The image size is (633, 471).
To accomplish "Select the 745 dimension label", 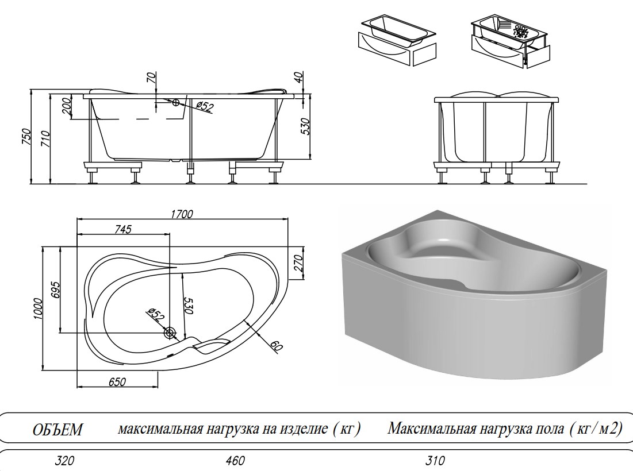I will click(123, 230).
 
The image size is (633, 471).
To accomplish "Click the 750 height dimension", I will click(25, 137).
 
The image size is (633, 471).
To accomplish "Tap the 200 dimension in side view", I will click(66, 106).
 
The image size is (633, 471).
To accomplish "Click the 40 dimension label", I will click(298, 78).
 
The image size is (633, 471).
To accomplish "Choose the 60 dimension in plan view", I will click(275, 346).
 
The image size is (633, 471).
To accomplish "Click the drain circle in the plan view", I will click(170, 333).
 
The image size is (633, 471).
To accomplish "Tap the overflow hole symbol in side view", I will click(175, 103).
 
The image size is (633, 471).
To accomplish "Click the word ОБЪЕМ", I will click(57, 430).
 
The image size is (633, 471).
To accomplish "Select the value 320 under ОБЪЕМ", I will click(65, 461).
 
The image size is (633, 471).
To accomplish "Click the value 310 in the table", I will click(436, 461).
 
